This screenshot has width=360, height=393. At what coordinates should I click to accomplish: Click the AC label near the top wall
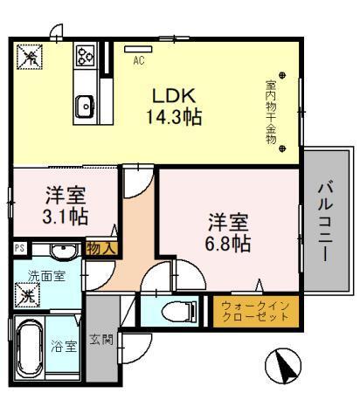click(138, 61)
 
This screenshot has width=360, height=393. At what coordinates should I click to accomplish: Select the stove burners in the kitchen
click(85, 57)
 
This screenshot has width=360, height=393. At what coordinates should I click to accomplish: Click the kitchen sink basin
click(85, 107)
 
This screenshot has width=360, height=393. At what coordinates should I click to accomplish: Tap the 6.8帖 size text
click(229, 243)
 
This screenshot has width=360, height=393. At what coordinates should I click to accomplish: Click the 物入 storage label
click(100, 249)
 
